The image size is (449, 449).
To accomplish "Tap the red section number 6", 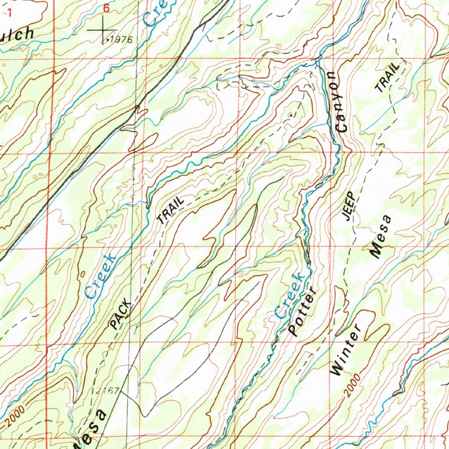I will tap(105, 8).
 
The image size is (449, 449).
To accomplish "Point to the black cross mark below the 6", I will tap(102, 30).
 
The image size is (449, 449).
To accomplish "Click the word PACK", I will tap(121, 314).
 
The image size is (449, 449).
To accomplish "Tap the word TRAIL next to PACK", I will tap(171, 211).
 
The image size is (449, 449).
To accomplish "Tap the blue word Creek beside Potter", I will tap(289, 294).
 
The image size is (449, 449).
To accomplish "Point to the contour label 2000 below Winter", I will tap(352, 385).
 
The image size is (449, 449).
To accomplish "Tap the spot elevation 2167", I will tap(106, 390).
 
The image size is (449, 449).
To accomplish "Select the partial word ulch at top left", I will tap(17, 34).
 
